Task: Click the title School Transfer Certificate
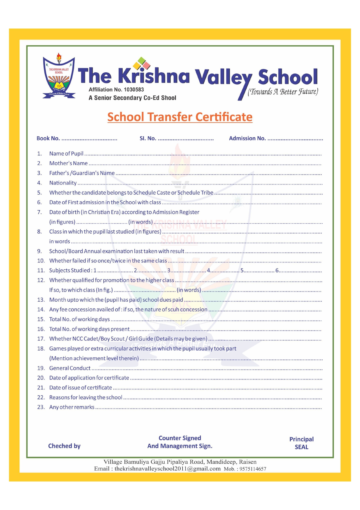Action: tap(180, 117)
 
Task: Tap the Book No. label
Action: tap(48, 138)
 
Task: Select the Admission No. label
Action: tap(247, 138)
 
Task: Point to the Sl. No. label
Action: tap(148, 138)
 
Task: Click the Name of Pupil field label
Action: tap(66, 154)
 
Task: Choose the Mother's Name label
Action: tap(68, 163)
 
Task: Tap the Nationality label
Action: tap(63, 183)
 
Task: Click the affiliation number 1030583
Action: tap(134, 90)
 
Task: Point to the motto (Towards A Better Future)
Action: tap(283, 92)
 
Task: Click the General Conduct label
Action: tap(70, 368)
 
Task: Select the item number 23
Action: tap(41, 407)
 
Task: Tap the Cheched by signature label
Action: tap(64, 446)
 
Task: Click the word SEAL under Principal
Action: tap(301, 447)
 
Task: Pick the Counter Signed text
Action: tap(180, 438)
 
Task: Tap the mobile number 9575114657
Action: tap(253, 469)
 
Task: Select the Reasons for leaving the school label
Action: tap(86, 398)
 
